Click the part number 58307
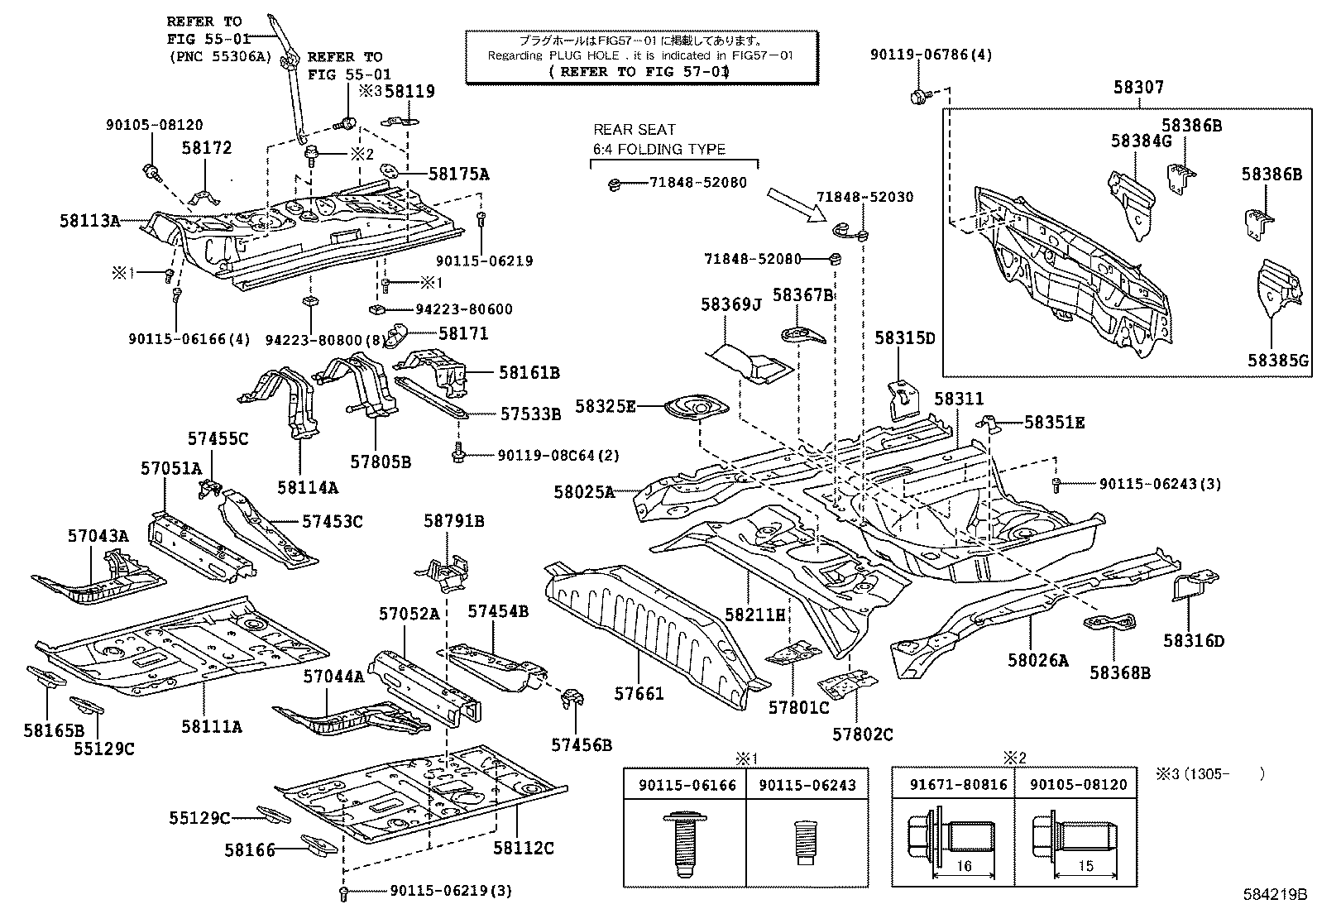pyautogui.click(x=1138, y=87)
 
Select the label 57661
pyautogui.click(x=639, y=693)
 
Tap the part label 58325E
pyautogui.click(x=606, y=406)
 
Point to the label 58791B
pyautogui.click(x=454, y=521)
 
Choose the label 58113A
pyautogui.click(x=89, y=221)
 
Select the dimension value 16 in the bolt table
pyautogui.click(x=964, y=866)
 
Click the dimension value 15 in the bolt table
pyautogui.click(x=1086, y=866)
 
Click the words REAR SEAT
pyautogui.click(x=634, y=130)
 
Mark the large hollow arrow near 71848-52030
pyautogui.click(x=797, y=204)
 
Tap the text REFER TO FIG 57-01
pyautogui.click(x=639, y=72)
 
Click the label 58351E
pyautogui.click(x=1054, y=423)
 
